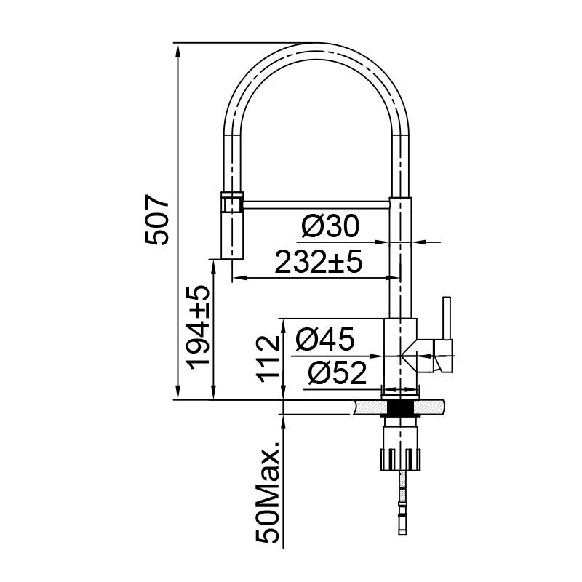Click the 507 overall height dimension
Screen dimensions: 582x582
tap(158, 220)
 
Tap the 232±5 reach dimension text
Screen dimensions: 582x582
tap(318, 262)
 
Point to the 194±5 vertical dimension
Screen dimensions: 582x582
tap(197, 327)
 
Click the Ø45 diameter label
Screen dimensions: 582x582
tap(325, 338)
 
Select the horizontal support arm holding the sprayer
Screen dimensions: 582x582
tap(316, 204)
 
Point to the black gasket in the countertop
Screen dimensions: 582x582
tap(400, 408)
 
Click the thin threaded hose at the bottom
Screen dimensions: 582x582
tap(401, 502)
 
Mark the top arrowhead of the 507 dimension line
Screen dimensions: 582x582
tap(178, 48)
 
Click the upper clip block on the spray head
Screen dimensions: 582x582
tap(231, 202)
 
